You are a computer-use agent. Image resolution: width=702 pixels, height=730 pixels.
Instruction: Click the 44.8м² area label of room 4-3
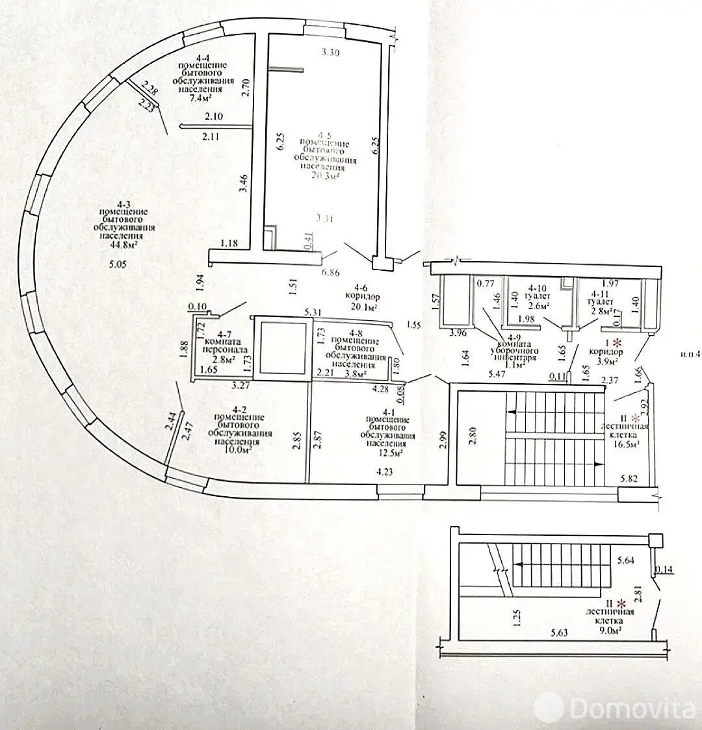pyautogui.click(x=123, y=245)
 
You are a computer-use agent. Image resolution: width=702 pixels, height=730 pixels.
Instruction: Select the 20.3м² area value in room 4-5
pyautogui.click(x=326, y=175)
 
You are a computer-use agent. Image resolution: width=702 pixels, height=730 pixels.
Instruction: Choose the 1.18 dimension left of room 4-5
pyautogui.click(x=229, y=244)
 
